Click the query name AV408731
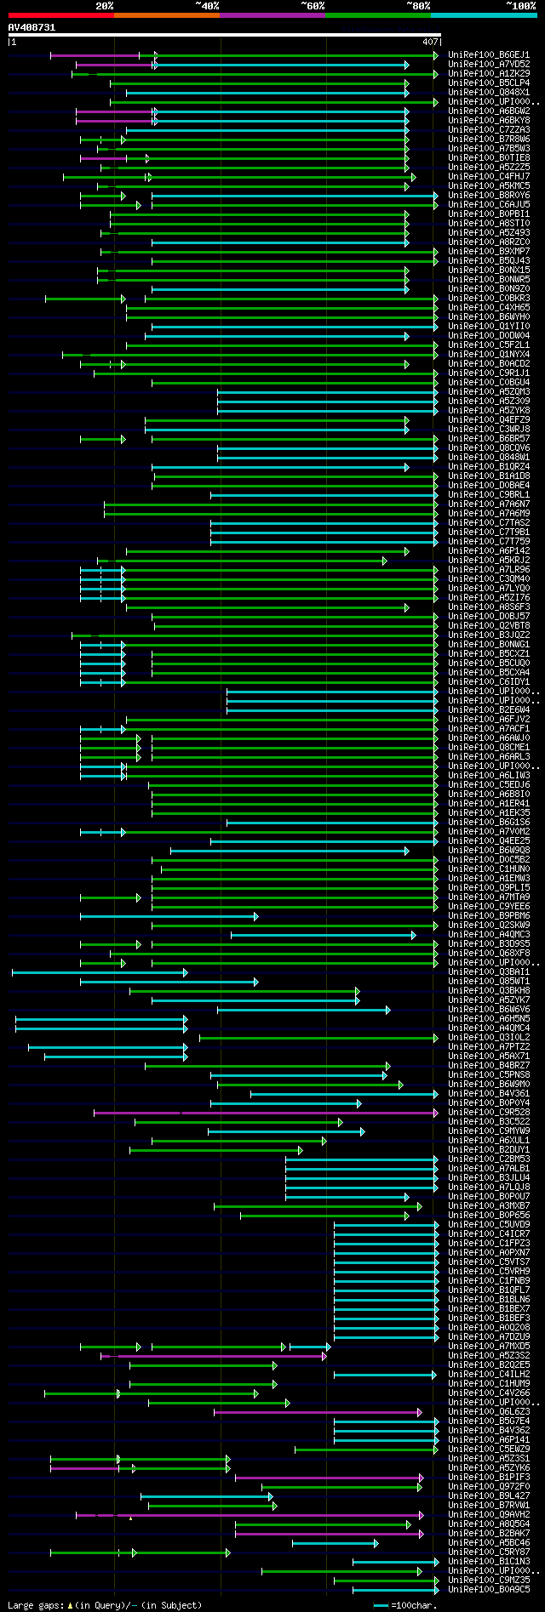click(x=32, y=27)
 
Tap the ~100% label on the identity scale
click(x=520, y=5)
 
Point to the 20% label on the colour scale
click(x=105, y=5)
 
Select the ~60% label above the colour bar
click(x=313, y=5)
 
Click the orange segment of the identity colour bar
click(x=166, y=14)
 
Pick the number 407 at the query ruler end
click(x=430, y=41)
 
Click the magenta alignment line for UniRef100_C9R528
click(x=264, y=1112)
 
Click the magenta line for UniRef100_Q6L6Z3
click(x=315, y=1411)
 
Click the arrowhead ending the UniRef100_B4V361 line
click(x=434, y=1093)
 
